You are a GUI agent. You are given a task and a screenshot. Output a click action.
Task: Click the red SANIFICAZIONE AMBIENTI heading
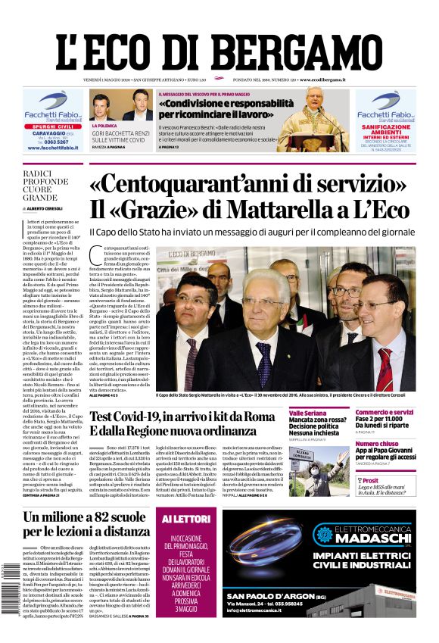(386, 130)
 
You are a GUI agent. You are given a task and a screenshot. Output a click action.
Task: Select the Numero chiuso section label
(377, 444)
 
